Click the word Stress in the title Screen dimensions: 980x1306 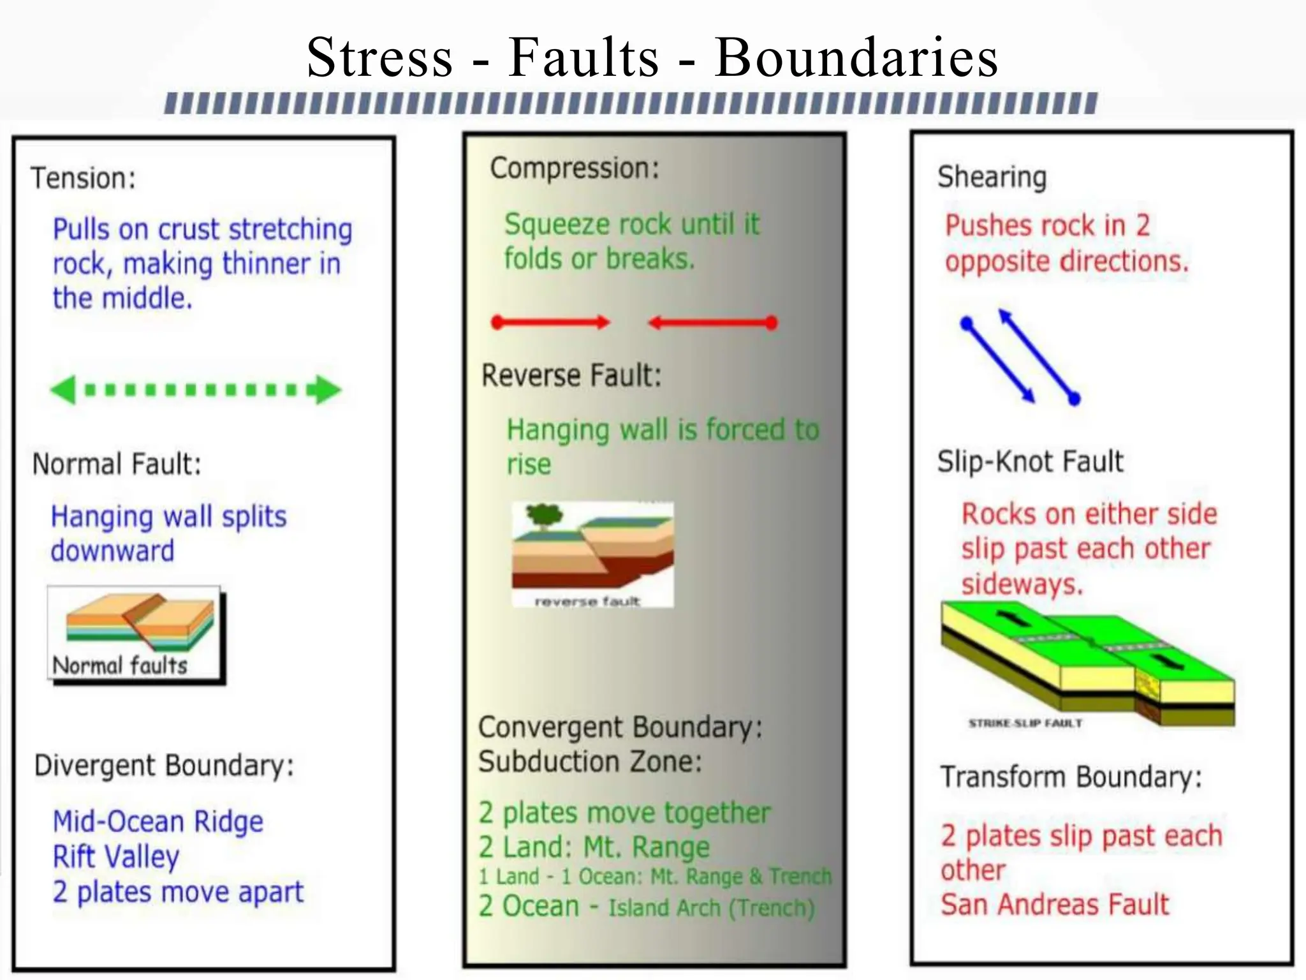[380, 57]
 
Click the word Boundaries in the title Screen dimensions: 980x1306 [856, 57]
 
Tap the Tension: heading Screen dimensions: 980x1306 [84, 178]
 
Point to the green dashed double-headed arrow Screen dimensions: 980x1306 [196, 389]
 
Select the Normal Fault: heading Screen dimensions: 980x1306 [117, 464]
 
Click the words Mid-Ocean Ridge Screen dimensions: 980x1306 [158, 822]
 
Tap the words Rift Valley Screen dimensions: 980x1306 [115, 857]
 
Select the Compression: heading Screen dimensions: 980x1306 [574, 168]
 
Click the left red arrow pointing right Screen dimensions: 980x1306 [550, 322]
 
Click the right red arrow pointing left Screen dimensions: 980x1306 [712, 322]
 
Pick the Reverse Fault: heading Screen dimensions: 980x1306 [571, 375]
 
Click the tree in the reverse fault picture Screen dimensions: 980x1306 [543, 516]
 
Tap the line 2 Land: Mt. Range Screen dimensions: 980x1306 [594, 847]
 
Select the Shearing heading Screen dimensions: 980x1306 [992, 177]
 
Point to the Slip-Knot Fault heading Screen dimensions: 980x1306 [1030, 461]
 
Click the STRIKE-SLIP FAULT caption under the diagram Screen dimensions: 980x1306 [1025, 723]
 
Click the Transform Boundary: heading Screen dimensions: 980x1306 [1071, 777]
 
